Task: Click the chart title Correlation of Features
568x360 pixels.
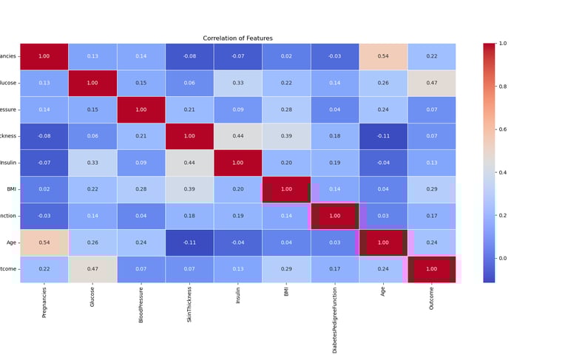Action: (237, 38)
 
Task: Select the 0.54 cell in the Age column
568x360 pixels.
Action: (382, 56)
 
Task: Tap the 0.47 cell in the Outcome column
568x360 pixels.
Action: (431, 83)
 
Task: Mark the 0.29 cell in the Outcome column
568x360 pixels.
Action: (431, 189)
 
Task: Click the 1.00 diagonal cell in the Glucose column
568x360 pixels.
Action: (92, 83)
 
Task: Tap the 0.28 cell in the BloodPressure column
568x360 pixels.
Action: (141, 189)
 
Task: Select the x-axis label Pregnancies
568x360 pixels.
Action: (44, 303)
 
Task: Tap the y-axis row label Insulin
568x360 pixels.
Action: (10, 163)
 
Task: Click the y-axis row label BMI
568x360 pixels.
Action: (12, 189)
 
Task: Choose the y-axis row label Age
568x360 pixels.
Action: (12, 242)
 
